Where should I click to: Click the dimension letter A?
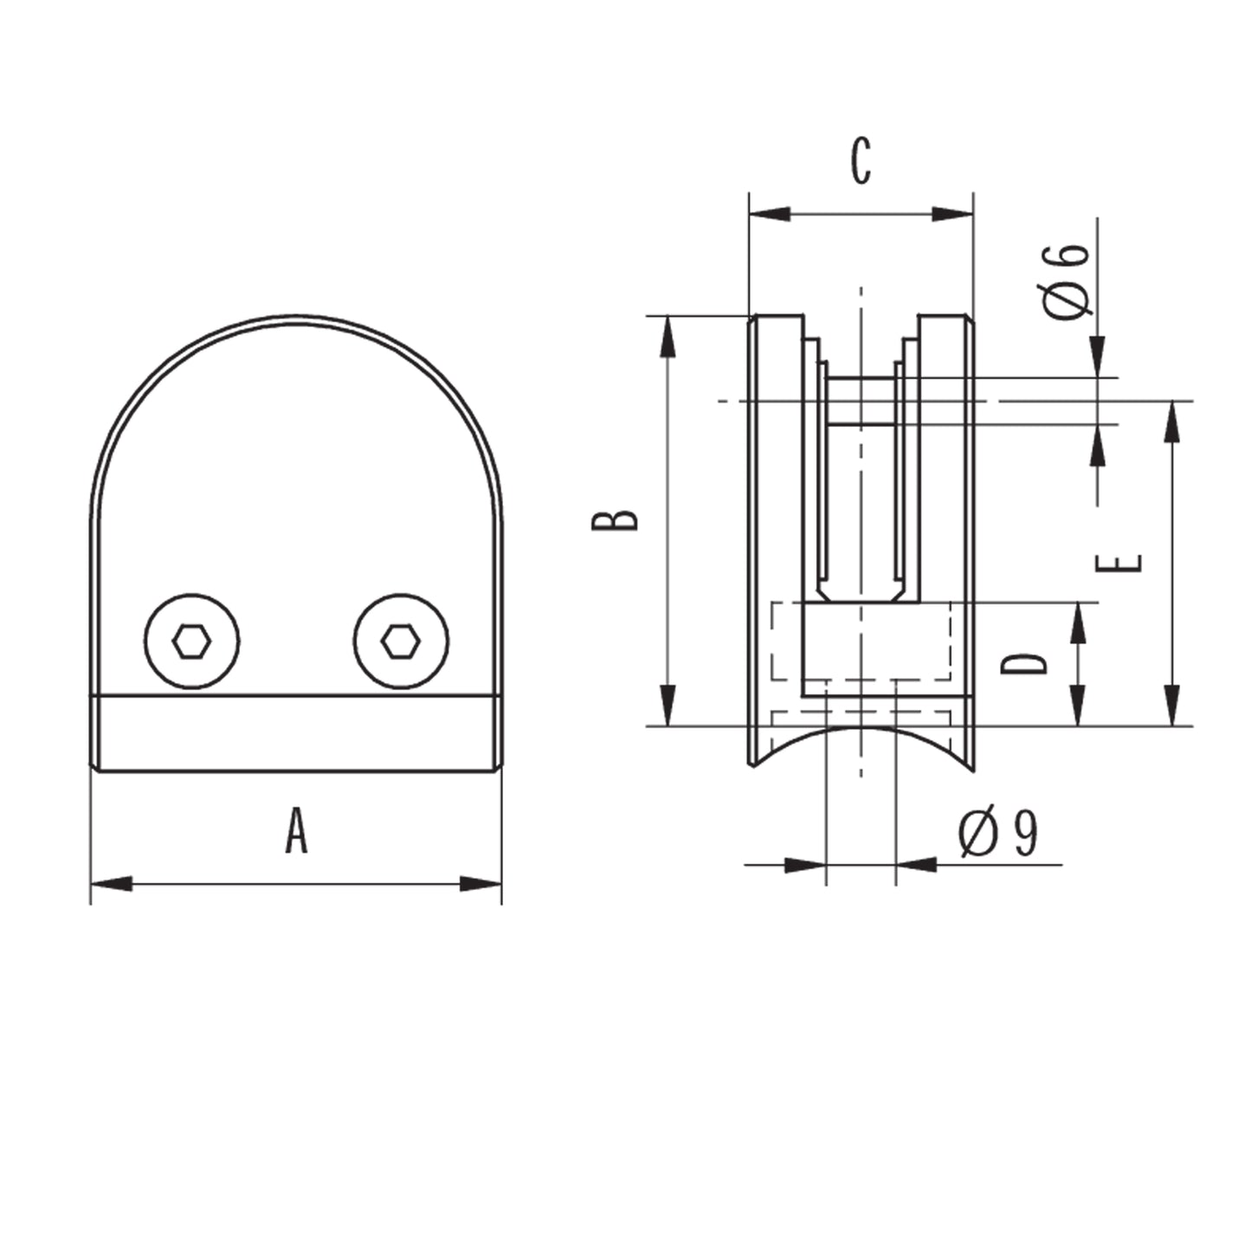pos(296,830)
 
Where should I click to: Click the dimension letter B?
pos(615,520)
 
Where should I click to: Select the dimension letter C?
pos(861,161)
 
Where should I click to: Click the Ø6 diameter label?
pos(1066,282)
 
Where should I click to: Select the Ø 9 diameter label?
pos(998,833)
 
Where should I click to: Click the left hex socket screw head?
pos(191,642)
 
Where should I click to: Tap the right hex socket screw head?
pos(401,642)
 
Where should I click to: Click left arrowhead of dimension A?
pos(112,884)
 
